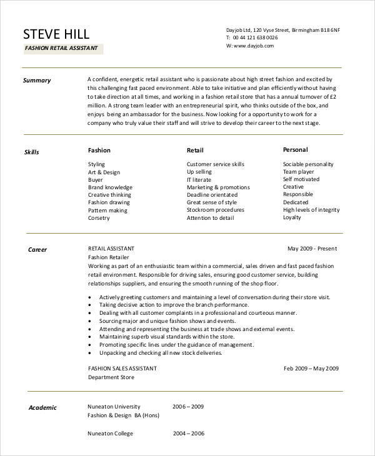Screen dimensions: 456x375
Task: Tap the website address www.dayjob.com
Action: pos(254,46)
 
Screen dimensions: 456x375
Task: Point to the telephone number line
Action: pos(251,37)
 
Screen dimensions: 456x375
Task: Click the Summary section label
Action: pos(37,81)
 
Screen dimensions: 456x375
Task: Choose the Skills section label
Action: pos(32,152)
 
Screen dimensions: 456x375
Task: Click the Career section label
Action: pos(37,250)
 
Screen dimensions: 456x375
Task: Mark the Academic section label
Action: pos(42,408)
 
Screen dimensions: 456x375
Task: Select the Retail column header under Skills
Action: pos(195,151)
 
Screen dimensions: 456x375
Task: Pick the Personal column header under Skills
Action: pos(295,150)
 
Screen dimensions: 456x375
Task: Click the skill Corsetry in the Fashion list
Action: pos(99,218)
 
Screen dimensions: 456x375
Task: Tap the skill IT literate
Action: pos(200,180)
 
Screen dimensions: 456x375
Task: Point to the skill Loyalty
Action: pos(292,217)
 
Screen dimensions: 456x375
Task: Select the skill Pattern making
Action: pos(108,211)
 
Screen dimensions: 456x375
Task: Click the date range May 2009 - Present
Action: pos(312,249)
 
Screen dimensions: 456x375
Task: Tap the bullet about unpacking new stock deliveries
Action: pos(161,353)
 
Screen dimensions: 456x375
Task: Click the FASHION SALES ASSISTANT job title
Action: pos(122,369)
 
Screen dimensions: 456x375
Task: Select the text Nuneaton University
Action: pos(114,407)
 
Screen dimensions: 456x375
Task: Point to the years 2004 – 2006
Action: pos(188,434)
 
